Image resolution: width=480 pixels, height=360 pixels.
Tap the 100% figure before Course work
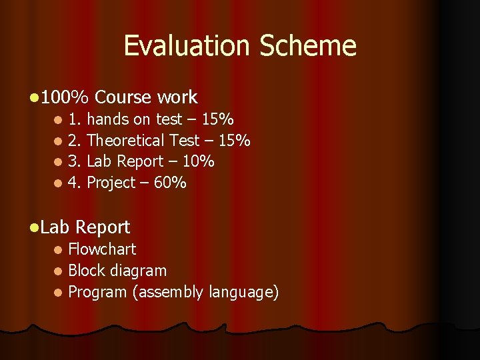click(x=64, y=97)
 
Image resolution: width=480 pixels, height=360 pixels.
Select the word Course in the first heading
click(x=123, y=97)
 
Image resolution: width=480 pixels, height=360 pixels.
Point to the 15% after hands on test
click(x=217, y=119)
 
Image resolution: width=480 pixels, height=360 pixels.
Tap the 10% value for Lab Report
click(x=198, y=161)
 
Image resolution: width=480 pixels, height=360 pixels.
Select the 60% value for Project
click(x=170, y=182)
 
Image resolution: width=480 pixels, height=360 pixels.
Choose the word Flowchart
click(x=102, y=249)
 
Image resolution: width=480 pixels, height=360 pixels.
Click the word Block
click(x=85, y=271)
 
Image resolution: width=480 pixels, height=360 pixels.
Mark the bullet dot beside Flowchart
click(x=58, y=250)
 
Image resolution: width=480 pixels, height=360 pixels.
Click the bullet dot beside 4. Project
click(x=58, y=183)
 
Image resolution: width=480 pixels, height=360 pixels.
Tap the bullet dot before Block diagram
click(x=58, y=271)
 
